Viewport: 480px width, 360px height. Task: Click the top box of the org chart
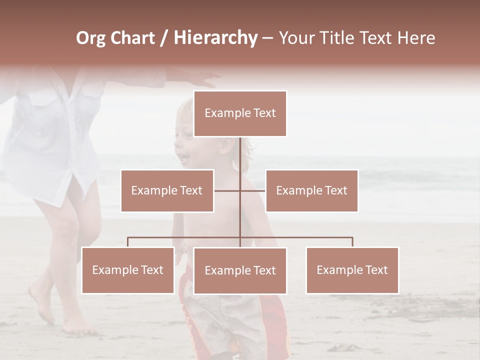[x=240, y=113]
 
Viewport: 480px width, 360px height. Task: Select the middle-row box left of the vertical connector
[x=167, y=190]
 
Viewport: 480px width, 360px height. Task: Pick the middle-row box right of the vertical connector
[x=311, y=190]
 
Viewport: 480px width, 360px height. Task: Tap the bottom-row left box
[x=128, y=270]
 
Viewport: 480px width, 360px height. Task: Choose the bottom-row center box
[x=240, y=270]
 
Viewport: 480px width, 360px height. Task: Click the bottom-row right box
[x=352, y=270]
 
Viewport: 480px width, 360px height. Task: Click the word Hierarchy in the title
[x=215, y=38]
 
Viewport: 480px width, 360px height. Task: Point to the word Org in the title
[x=90, y=38]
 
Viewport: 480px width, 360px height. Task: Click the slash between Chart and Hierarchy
[x=164, y=38]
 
